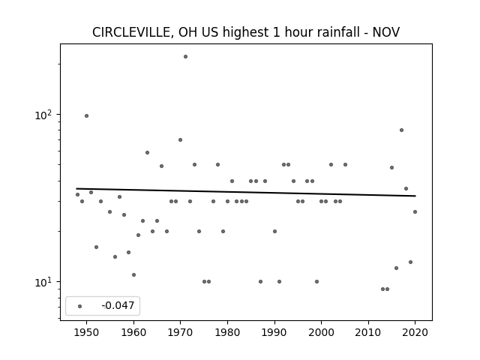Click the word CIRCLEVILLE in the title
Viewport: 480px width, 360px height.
point(133,32)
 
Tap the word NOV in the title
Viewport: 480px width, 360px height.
point(386,32)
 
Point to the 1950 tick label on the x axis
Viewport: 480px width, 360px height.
point(87,332)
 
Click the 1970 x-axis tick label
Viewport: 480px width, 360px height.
point(180,332)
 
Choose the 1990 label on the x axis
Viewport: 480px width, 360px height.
point(274,332)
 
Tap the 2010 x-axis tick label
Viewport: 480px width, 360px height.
point(368,332)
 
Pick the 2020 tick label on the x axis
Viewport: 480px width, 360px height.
point(415,332)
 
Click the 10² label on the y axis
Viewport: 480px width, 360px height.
point(43,115)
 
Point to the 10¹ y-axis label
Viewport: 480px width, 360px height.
point(43,282)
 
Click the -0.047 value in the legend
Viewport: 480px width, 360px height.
point(118,305)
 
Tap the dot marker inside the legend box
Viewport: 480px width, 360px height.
point(80,306)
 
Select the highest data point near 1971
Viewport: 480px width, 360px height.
point(185,57)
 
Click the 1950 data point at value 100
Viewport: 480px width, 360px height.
point(87,115)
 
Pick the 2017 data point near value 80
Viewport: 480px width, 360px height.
point(402,130)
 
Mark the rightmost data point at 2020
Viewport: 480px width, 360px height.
point(415,211)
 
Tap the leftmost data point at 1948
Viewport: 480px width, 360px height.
point(77,195)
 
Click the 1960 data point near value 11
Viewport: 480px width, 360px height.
point(133,275)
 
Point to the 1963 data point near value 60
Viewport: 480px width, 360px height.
point(147,152)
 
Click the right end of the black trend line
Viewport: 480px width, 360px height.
point(415,196)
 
